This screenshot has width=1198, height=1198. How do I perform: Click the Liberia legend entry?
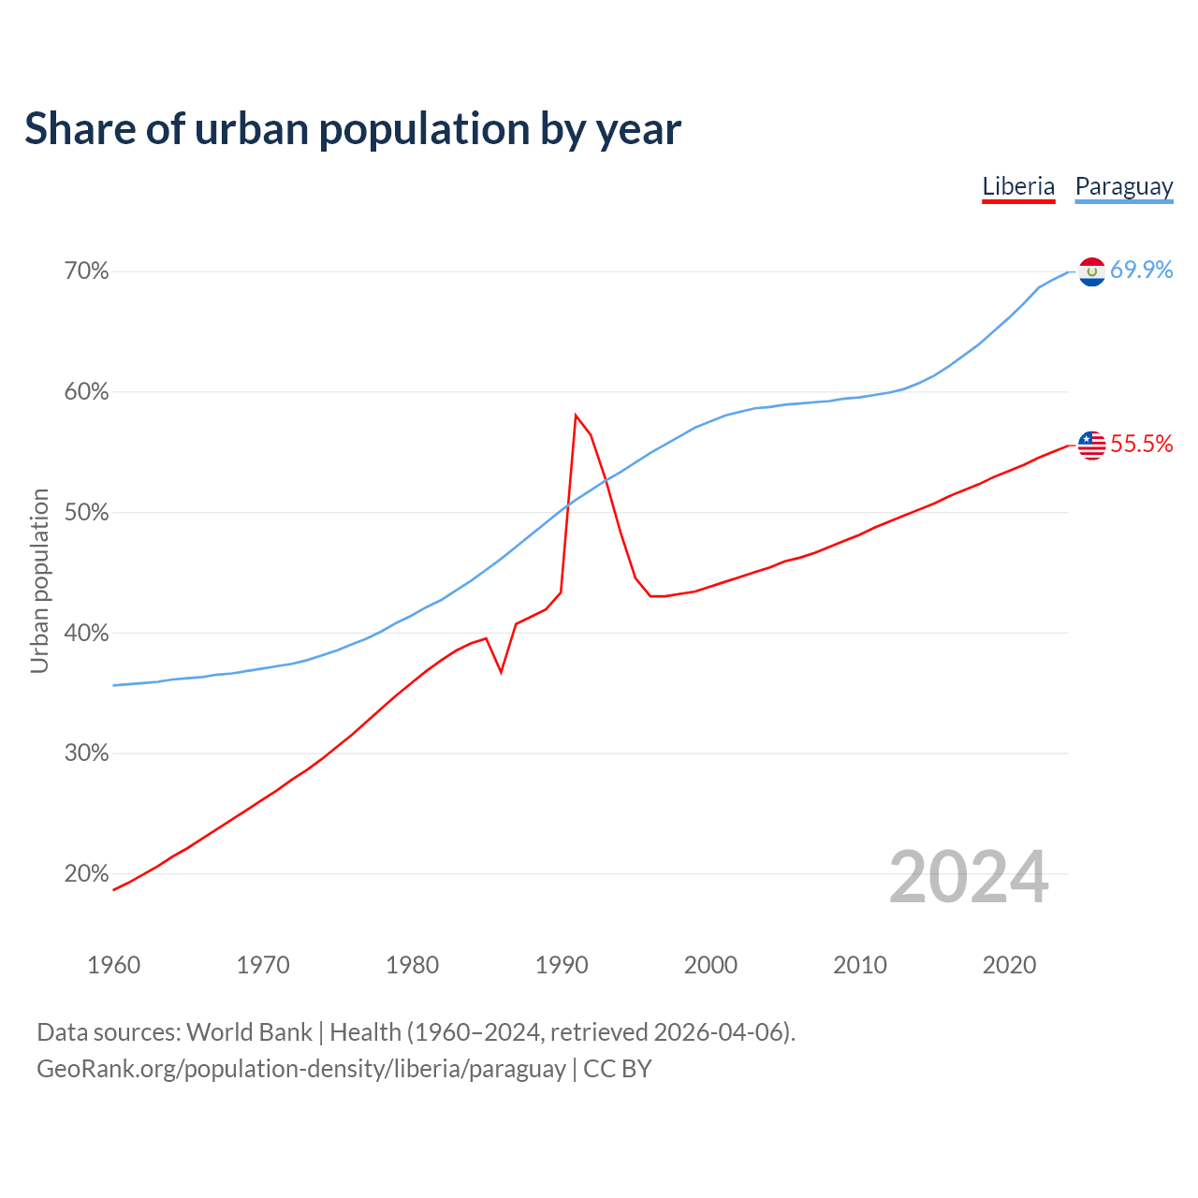tap(1018, 186)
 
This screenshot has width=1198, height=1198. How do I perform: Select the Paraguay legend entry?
tap(1123, 186)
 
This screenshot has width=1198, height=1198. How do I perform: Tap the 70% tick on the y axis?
tap(87, 271)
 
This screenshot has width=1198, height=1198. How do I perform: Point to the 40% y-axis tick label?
tap(87, 634)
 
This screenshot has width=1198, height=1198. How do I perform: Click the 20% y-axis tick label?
tap(87, 874)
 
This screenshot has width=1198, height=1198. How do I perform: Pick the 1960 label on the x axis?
tap(113, 965)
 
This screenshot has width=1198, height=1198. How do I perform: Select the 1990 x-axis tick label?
tap(562, 965)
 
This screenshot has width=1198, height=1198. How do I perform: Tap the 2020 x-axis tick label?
tap(1009, 965)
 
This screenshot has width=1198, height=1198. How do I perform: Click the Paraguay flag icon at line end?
tap(1092, 271)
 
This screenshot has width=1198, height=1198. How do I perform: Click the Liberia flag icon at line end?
tap(1092, 445)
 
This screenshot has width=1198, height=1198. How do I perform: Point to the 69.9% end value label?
tap(1142, 270)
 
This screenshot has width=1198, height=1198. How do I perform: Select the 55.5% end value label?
tap(1142, 444)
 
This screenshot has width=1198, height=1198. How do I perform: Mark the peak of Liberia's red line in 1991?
tap(576, 415)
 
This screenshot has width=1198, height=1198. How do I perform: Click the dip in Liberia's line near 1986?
tap(502, 672)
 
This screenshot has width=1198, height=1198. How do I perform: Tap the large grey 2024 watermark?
tap(969, 877)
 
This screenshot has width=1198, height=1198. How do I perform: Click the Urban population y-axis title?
tap(39, 580)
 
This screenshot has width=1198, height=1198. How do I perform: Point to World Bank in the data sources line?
tap(249, 1032)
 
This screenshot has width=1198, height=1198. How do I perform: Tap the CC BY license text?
tap(618, 1069)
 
